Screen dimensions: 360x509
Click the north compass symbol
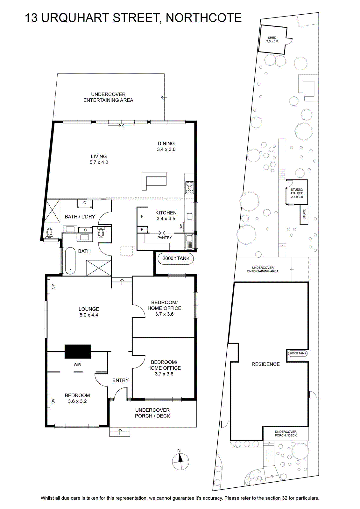pyautogui.click(x=180, y=462)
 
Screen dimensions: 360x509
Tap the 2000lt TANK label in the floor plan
pyautogui.click(x=176, y=258)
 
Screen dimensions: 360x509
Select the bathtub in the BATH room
pyautogui.click(x=70, y=261)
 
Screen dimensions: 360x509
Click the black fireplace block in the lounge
pyautogui.click(x=78, y=351)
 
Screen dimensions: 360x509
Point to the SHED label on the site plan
pyautogui.click(x=272, y=38)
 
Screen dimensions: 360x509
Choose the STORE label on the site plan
pyautogui.click(x=304, y=214)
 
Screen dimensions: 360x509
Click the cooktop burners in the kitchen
pyautogui.click(x=189, y=187)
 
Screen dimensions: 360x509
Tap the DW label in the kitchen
pyautogui.click(x=181, y=227)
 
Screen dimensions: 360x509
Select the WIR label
pyautogui.click(x=77, y=365)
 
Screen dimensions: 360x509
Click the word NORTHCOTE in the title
pyautogui.click(x=204, y=18)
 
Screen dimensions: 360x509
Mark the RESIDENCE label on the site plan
pyautogui.click(x=265, y=364)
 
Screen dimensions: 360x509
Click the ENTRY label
pyautogui.click(x=121, y=380)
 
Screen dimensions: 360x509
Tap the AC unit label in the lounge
pyautogui.click(x=53, y=287)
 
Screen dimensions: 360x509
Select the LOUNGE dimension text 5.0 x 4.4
pyautogui.click(x=89, y=315)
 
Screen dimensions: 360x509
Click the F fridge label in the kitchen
pyautogui.click(x=142, y=216)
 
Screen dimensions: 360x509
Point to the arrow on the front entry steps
pyautogui.click(x=120, y=431)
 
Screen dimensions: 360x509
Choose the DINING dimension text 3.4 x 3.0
pyautogui.click(x=166, y=150)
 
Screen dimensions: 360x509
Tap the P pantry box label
pyautogui.click(x=142, y=229)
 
